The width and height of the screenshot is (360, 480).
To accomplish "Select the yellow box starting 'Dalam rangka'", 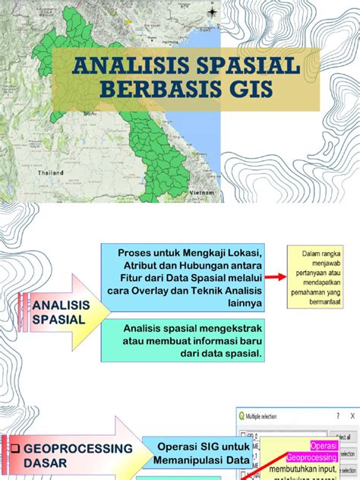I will (x=319, y=276).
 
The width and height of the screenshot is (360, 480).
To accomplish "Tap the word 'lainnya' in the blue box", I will (x=242, y=303).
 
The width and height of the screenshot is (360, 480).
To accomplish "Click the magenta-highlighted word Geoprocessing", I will (x=311, y=458).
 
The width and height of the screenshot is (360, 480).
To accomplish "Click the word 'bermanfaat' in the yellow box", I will (x=325, y=301).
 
